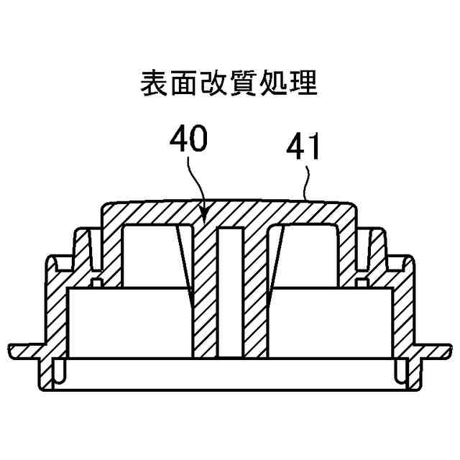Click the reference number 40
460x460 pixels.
[188, 139]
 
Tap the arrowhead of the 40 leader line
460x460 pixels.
[204, 215]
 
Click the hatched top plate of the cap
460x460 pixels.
[230, 212]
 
